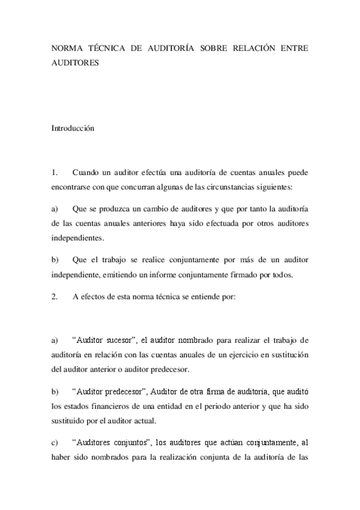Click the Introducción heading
73,127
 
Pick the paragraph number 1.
54,173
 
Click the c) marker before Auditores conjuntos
54,443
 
